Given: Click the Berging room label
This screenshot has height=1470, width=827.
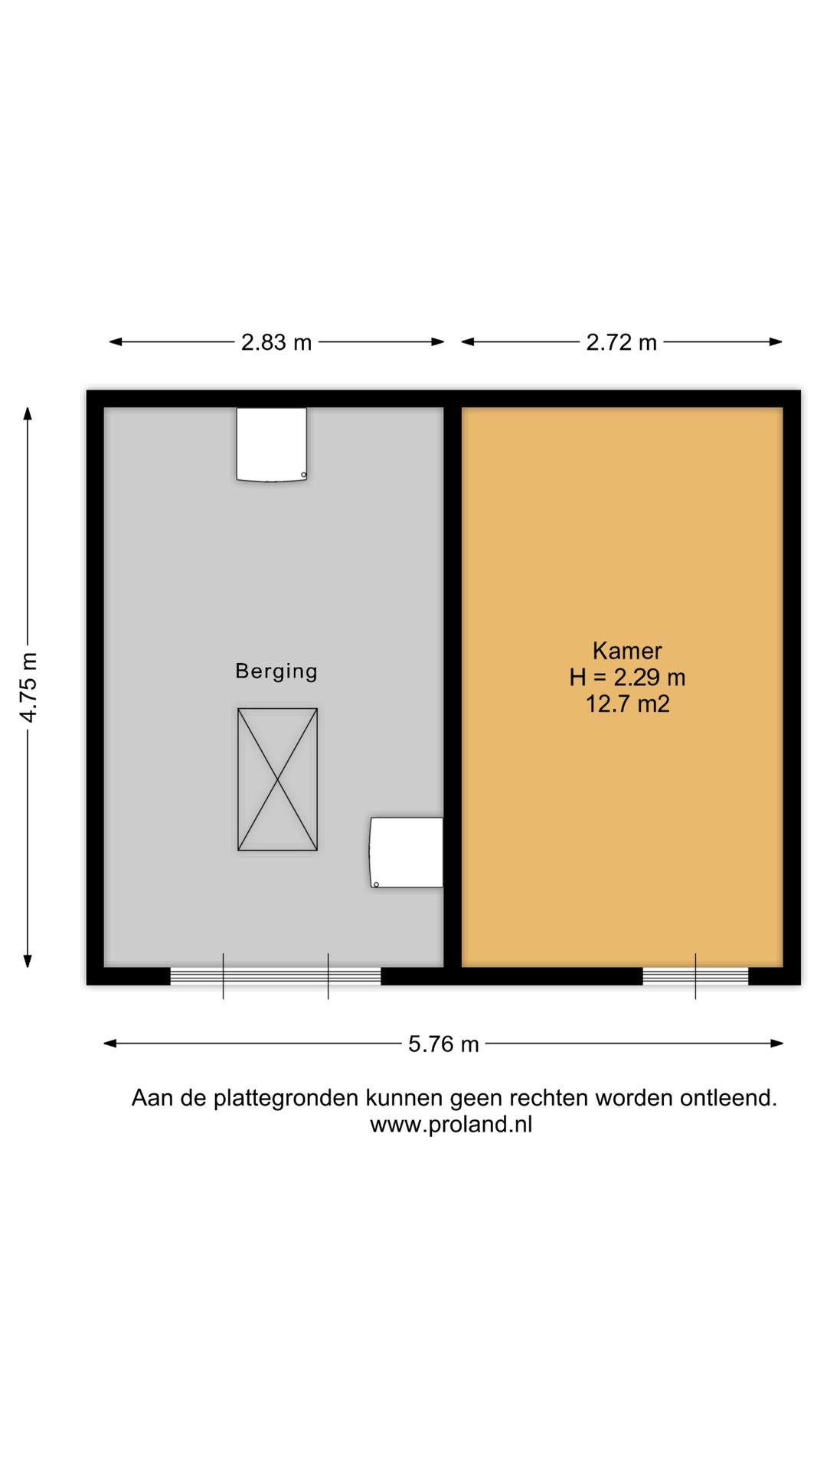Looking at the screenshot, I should tap(276, 671).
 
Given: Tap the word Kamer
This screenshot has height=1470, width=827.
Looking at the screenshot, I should tap(626, 651).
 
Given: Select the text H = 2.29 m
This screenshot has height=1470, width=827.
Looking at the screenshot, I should tap(627, 678).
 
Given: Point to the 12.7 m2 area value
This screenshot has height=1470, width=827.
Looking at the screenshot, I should tap(627, 704).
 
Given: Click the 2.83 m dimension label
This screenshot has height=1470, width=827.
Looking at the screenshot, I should tap(276, 342).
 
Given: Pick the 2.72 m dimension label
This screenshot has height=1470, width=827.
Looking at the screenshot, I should tap(621, 342).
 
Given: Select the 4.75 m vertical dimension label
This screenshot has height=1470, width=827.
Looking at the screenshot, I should tap(28, 687).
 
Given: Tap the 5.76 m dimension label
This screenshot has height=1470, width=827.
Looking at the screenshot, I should tap(443, 1044).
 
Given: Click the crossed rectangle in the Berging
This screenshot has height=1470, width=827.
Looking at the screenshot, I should tap(277, 779).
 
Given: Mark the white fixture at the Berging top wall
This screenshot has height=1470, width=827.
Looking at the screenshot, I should tap(272, 444).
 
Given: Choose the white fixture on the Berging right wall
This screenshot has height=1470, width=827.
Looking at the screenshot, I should tap(407, 852).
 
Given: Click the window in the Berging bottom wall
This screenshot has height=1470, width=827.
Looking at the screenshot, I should tap(276, 976).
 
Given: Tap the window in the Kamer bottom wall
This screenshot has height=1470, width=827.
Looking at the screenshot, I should tap(695, 976).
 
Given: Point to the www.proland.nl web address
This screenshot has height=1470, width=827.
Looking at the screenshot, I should tap(451, 1125).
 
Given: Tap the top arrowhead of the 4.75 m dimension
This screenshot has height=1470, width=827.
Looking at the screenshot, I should tap(28, 414).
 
